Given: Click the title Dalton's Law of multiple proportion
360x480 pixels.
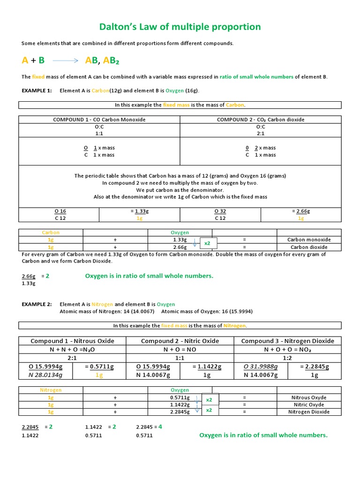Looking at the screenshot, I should tap(180, 27).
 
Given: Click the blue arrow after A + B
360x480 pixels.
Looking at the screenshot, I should tap(65, 60).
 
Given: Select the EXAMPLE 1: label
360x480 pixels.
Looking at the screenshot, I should tap(37, 90).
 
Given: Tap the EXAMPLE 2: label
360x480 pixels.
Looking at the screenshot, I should tap(37, 304).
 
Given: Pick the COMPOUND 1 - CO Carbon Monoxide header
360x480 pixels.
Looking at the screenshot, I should tap(99, 120).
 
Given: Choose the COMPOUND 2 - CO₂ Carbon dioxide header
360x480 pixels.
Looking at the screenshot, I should tap(260, 120).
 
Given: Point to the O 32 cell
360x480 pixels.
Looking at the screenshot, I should tap(220, 211).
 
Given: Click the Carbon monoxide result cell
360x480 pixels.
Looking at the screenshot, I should tap(309, 240).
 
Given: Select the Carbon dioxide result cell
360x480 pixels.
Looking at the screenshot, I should tap(309, 247).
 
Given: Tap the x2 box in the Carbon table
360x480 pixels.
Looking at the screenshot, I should tap(207, 243).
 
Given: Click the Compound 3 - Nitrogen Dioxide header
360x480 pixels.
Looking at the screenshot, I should tap(287, 341).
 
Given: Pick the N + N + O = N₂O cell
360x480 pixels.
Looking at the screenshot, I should tap(72, 349).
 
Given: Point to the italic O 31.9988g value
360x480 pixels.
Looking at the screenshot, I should tap(261, 367).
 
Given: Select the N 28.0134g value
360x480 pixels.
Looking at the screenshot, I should tap(45, 375).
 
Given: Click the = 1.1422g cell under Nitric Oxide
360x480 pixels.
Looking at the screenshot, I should tap(207, 367).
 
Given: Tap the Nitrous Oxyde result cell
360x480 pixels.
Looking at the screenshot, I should tap(309, 397).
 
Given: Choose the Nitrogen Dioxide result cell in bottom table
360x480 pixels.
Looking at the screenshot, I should tap(309, 412).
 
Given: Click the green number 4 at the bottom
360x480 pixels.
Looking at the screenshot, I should tap(160, 427).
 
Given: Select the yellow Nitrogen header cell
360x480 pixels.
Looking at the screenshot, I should tap(51, 390).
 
